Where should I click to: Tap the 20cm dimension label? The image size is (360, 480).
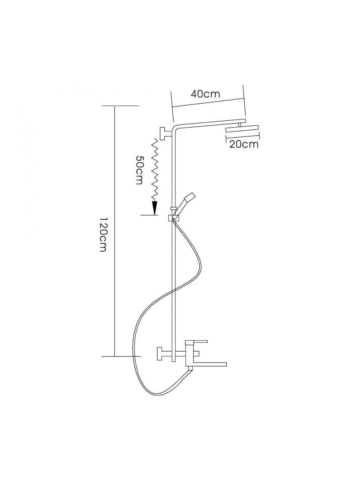pos(244,144)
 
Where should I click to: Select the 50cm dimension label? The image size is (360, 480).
pos(138,170)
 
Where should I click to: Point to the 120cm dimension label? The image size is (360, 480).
pos(103,234)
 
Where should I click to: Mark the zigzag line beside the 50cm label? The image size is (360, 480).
pos(155,168)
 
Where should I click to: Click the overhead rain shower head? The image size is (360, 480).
pos(242,129)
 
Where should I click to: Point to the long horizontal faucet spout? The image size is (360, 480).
pos(210,364)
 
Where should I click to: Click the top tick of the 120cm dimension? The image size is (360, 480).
pos(120,106)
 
